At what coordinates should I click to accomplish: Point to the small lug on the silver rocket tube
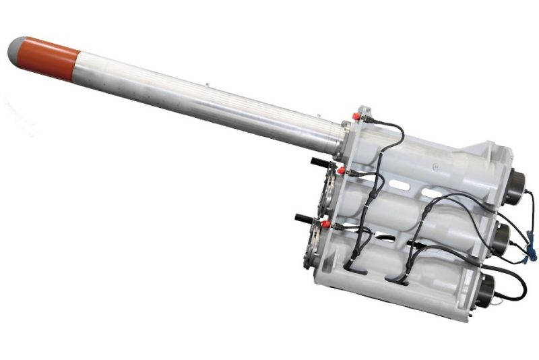point(210,86)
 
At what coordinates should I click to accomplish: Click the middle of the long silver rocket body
point(202,98)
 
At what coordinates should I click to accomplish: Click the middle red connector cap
point(341,170)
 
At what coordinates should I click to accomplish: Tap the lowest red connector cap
point(325,223)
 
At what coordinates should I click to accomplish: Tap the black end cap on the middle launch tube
point(502,235)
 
